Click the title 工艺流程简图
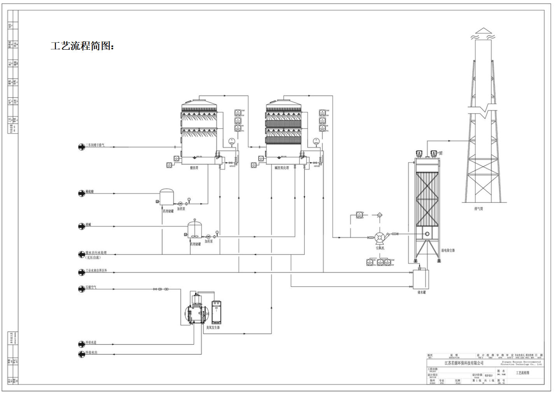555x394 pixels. (x=82, y=46)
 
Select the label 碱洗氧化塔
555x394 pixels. (x=282, y=168)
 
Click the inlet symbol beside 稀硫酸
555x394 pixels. (x=82, y=193)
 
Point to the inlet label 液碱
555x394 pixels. (x=89, y=225)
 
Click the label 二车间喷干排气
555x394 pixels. (x=95, y=145)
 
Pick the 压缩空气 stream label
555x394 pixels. (x=91, y=288)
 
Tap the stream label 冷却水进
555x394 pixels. (x=91, y=342)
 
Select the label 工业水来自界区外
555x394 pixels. (x=96, y=270)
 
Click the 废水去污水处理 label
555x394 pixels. (x=96, y=253)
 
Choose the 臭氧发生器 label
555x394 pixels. (x=213, y=328)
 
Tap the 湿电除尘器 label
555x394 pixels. (x=448, y=250)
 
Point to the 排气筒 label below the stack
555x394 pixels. (x=478, y=209)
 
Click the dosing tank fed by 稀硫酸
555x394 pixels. (x=167, y=197)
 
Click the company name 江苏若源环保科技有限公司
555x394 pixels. (x=464, y=363)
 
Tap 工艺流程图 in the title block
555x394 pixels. (x=522, y=373)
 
